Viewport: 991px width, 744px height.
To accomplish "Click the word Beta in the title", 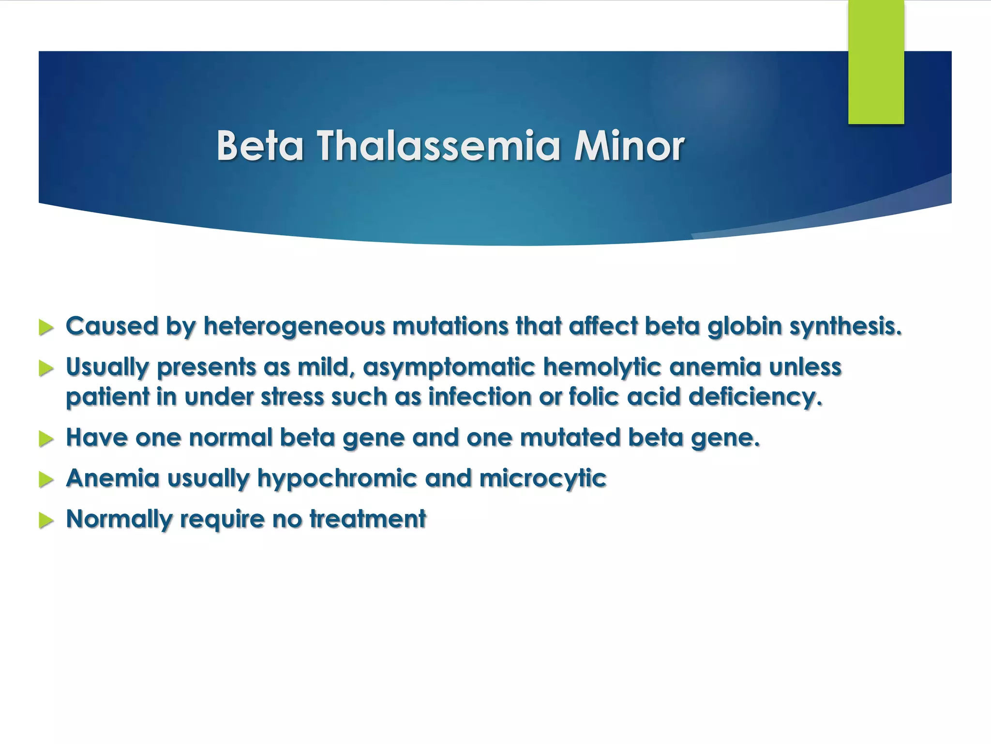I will (x=260, y=146).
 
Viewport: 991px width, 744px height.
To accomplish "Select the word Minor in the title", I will (x=629, y=146).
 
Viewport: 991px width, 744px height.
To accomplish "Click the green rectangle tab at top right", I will (x=876, y=62).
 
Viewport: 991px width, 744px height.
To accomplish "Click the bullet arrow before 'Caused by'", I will (x=46, y=327).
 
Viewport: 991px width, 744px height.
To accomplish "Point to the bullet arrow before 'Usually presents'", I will (x=46, y=368).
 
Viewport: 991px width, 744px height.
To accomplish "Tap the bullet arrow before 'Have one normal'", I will (x=46, y=439).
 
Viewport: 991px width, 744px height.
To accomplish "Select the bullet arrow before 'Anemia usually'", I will (x=46, y=480).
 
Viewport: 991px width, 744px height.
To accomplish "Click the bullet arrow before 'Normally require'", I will (x=46, y=520).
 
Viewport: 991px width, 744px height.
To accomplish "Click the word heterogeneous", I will (x=294, y=326).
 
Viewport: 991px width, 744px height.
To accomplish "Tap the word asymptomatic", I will (x=449, y=367).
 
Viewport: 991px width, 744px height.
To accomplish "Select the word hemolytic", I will (x=601, y=367).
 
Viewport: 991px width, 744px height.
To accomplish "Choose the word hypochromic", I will (x=337, y=479).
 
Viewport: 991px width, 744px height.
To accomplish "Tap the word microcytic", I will (x=542, y=479).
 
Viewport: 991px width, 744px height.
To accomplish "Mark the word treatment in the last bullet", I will (x=368, y=519).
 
